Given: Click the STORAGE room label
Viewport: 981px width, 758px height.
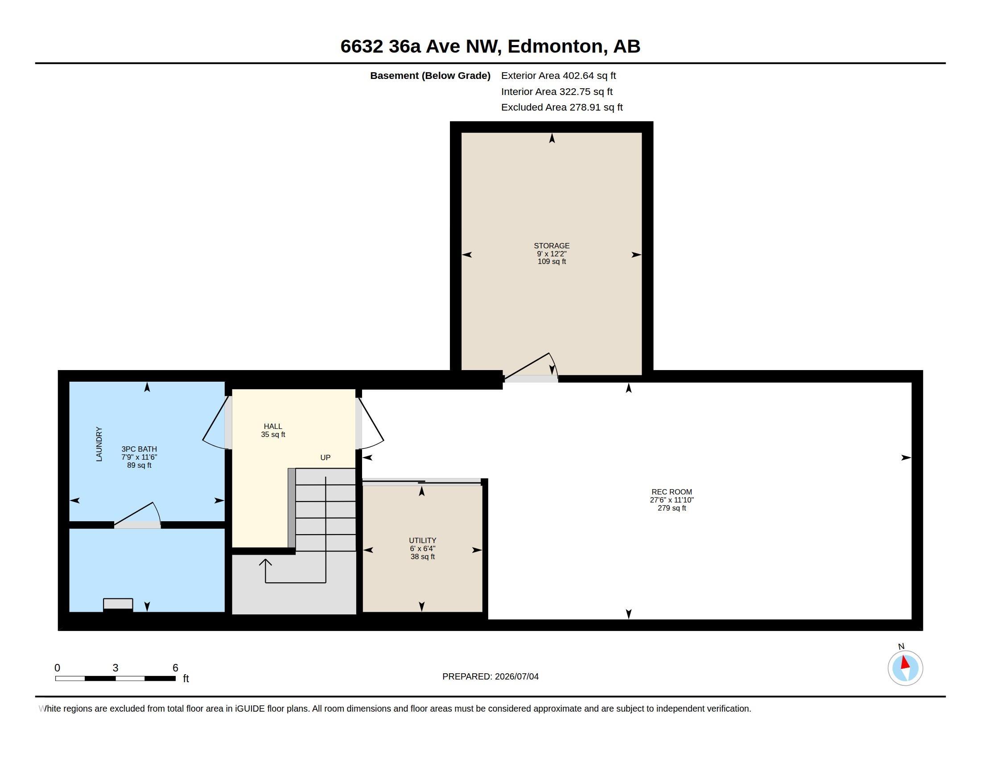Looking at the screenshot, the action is coord(552,246).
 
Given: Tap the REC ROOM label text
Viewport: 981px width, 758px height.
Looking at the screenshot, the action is coord(672,492).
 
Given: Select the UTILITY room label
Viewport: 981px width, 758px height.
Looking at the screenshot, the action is coord(422,540).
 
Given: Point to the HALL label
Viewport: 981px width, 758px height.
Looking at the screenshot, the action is coord(272,426).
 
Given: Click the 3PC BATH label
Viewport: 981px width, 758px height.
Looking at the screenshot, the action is coord(139,449).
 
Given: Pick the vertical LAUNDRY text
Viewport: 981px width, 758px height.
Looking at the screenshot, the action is coord(99,444).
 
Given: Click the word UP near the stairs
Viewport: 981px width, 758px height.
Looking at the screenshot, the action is coord(325,457).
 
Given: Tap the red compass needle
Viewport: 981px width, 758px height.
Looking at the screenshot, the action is coord(905,662).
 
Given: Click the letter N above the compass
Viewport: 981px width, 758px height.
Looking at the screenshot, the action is coord(901,647).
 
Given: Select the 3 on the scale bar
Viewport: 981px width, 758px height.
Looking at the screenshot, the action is coord(115,668).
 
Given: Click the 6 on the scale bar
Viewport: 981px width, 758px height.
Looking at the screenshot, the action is coord(175,668).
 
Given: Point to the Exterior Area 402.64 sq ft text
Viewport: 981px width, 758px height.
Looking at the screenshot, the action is coord(558,76).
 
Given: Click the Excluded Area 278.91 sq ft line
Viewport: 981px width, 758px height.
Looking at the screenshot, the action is coord(562,107).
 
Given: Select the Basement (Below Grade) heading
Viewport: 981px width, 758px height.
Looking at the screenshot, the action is coord(430,76).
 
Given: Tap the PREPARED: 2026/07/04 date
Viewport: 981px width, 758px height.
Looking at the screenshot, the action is coord(490,676).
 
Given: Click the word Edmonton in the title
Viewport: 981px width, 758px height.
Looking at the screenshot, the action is coord(555,46).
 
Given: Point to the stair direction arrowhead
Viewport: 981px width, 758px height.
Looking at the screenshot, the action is coord(265,563).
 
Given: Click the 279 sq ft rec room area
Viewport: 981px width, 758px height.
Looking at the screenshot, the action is coord(672,508).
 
